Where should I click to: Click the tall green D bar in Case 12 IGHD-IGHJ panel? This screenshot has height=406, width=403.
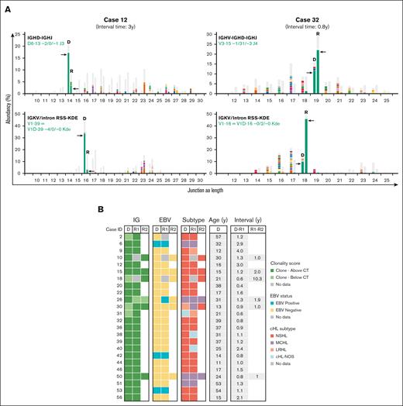pos(69,74)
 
